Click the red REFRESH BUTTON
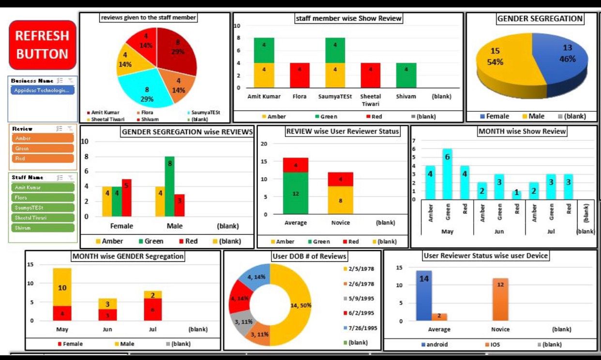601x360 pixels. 43,45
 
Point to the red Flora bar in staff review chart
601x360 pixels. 300,75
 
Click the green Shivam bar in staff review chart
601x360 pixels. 406,75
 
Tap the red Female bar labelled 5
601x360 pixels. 127,197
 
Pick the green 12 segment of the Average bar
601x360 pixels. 295,193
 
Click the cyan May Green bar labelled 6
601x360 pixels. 448,174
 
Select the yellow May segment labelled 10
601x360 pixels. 62,287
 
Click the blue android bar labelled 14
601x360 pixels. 424,295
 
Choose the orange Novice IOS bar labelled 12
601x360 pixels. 500,299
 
